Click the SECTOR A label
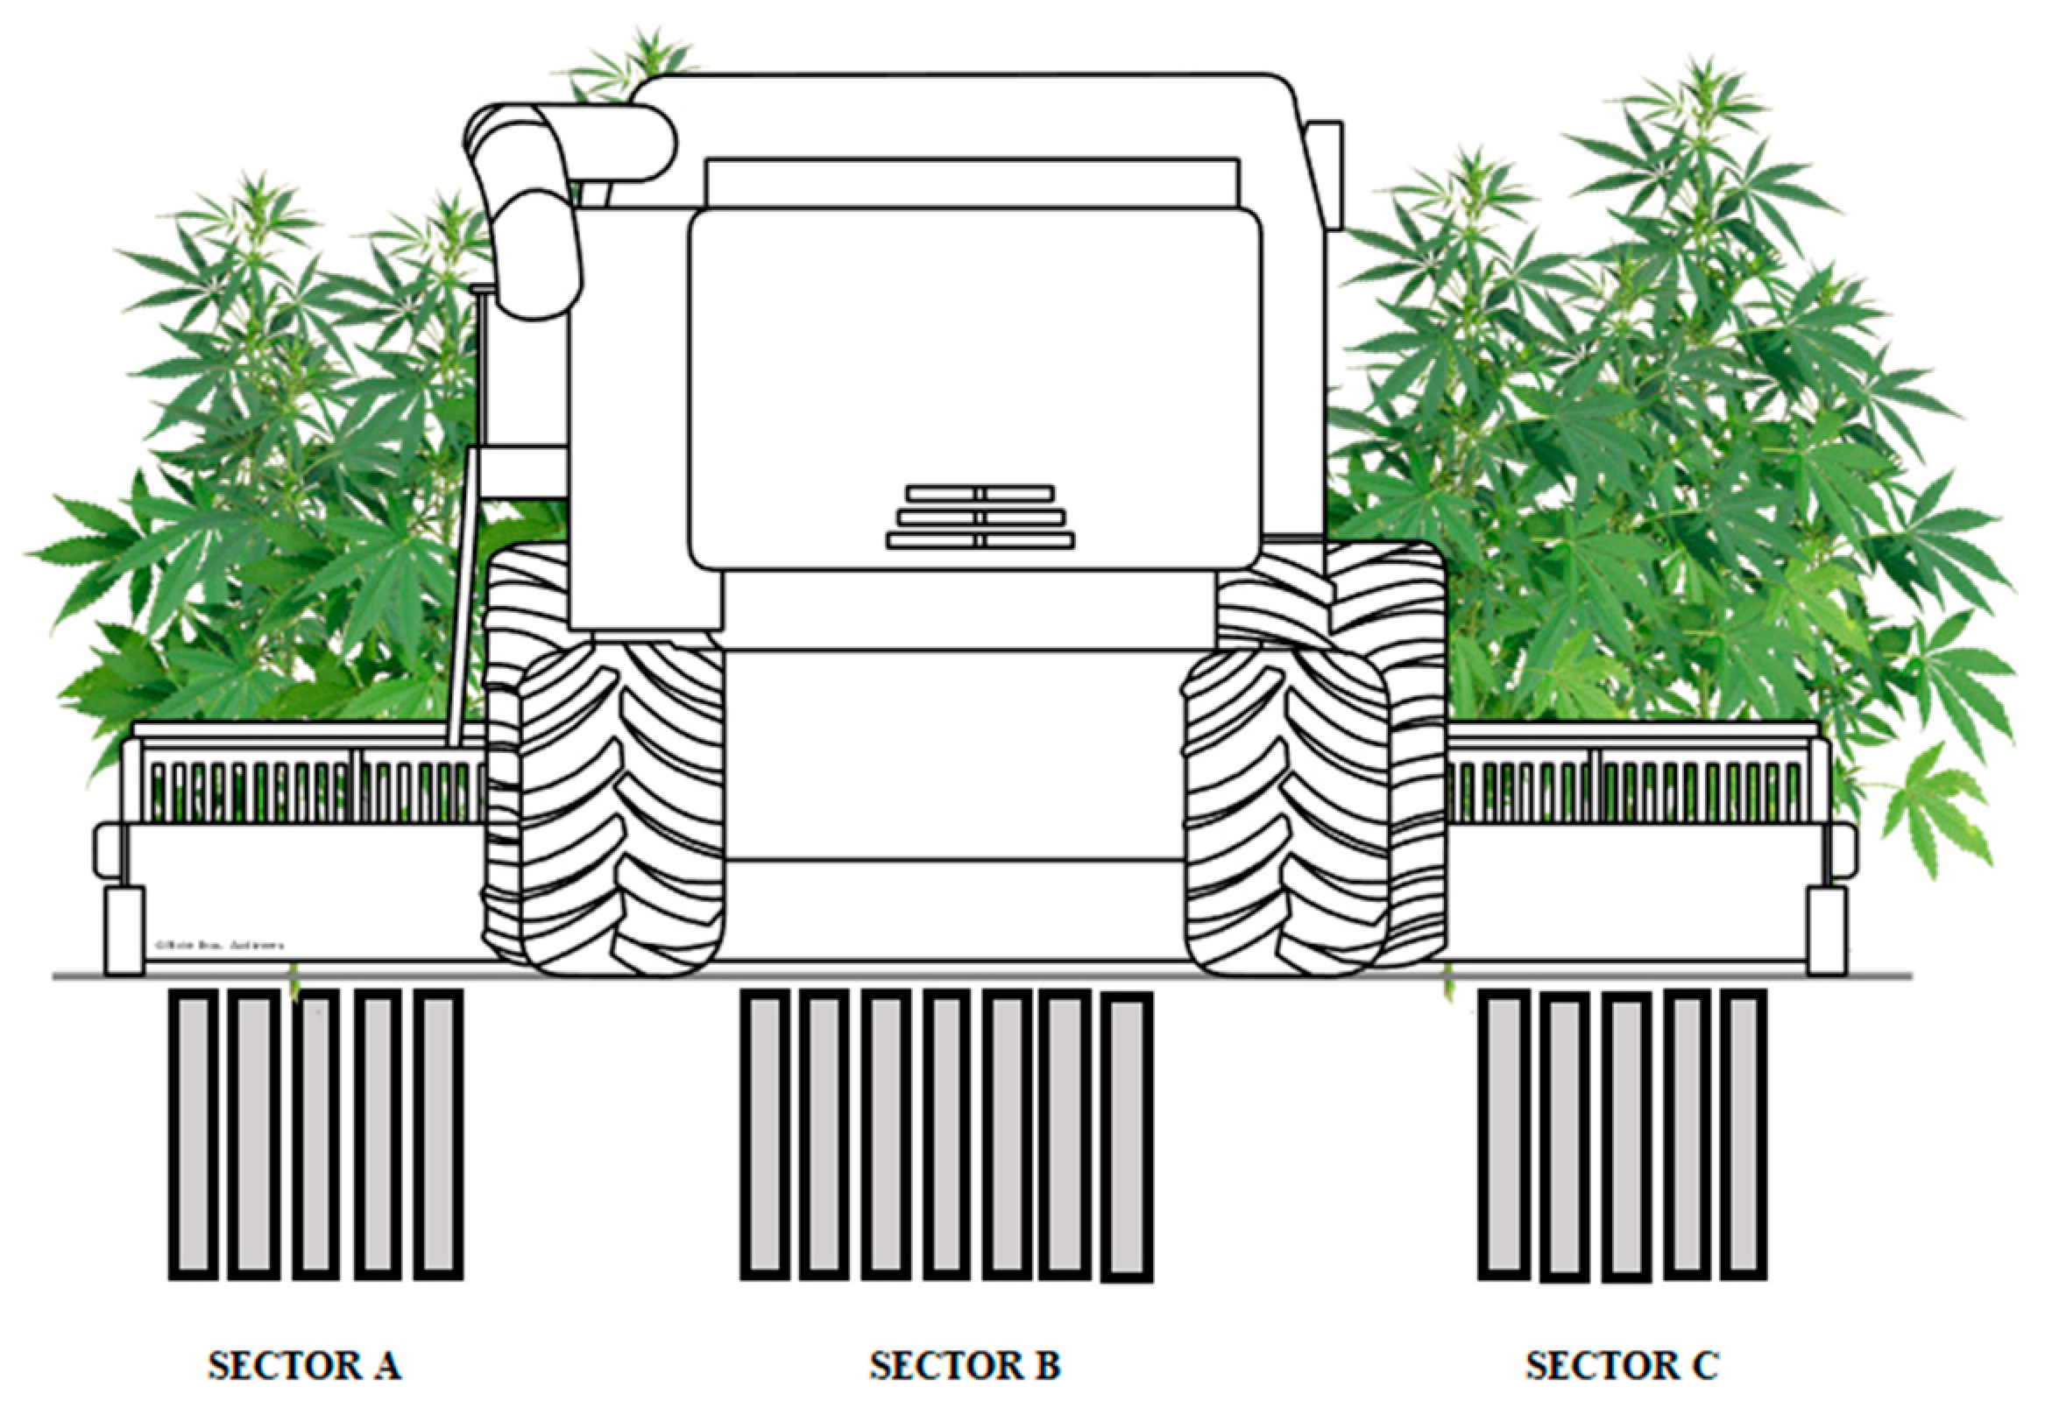point(305,1366)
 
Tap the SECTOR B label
point(965,1366)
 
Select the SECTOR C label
point(1622,1366)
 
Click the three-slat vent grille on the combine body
point(980,517)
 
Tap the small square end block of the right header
point(1826,931)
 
